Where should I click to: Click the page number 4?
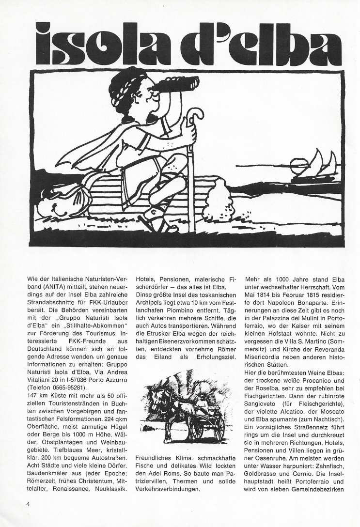pyautogui.click(x=29, y=504)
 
